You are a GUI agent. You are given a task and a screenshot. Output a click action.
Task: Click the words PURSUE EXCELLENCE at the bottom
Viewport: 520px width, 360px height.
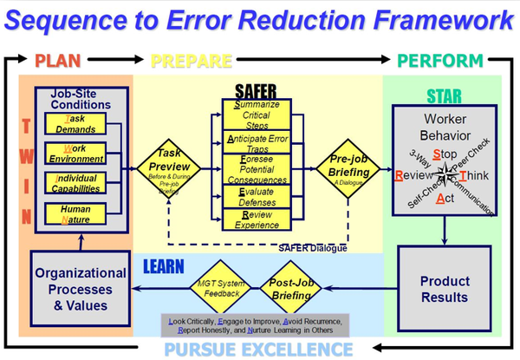[260, 349]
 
